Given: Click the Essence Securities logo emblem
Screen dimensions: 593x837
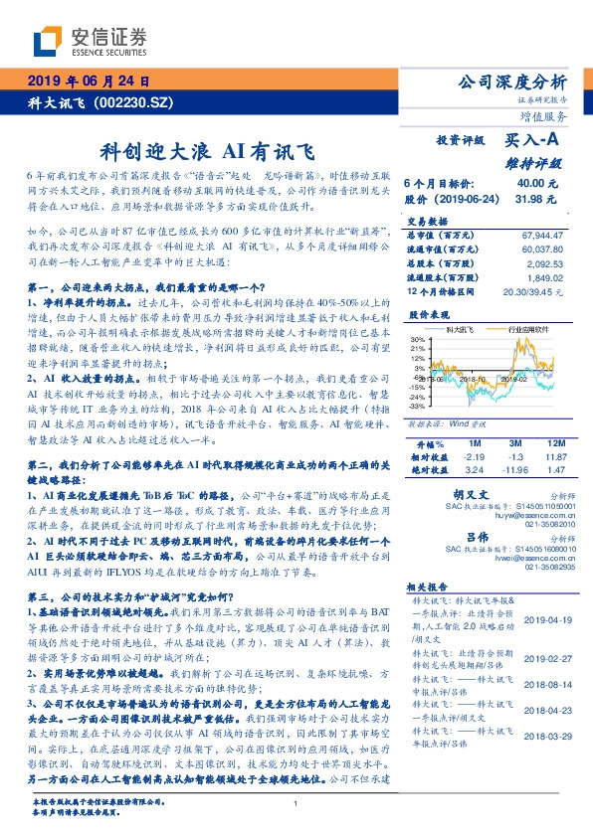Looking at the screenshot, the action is (46, 41).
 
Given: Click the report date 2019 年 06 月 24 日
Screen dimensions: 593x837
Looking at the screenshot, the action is (88, 82).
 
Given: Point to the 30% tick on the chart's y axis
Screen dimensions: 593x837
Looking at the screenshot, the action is (416, 340).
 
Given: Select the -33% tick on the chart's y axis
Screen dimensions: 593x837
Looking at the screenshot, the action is (416, 406).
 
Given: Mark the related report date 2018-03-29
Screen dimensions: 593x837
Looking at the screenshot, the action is (546, 763).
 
